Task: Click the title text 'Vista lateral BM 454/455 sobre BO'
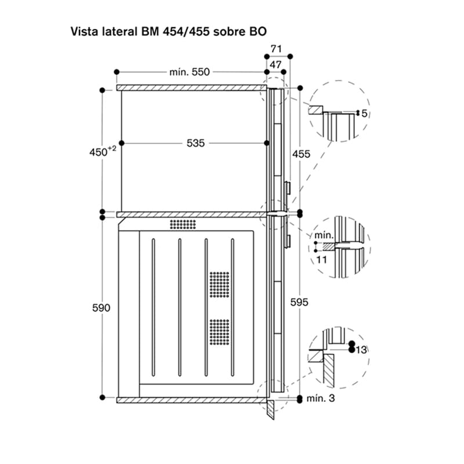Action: (169, 31)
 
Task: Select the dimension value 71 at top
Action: (276, 49)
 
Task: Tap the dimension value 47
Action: (275, 64)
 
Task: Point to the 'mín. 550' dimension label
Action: (190, 72)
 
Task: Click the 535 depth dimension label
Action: (195, 143)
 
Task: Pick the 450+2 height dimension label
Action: (103, 151)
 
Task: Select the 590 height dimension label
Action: (101, 308)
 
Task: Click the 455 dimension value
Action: (301, 154)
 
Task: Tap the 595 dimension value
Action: (299, 302)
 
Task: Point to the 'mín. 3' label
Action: (321, 398)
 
